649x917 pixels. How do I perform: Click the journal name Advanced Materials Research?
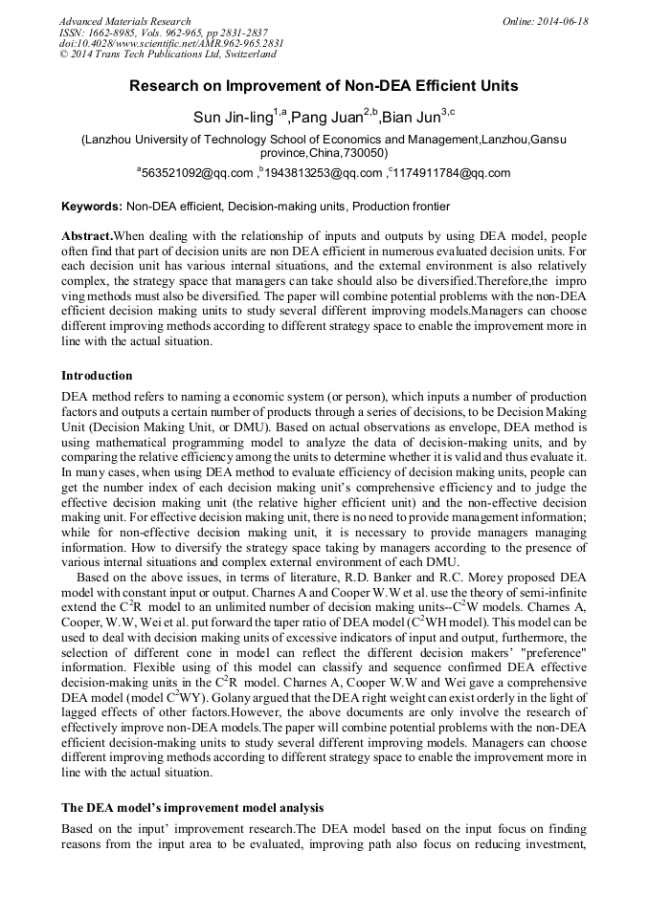click(124, 21)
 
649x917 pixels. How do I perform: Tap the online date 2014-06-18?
click(560, 21)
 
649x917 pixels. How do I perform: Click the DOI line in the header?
click(171, 44)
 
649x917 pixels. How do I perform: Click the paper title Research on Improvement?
click(324, 86)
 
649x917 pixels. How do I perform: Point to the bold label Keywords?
click(92, 207)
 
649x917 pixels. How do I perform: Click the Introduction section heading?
click(97, 375)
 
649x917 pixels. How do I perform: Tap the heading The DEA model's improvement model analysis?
click(192, 808)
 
